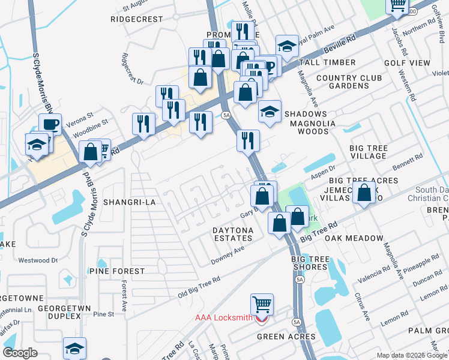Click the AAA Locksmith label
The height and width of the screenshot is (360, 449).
point(223,317)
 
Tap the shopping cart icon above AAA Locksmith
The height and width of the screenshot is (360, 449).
point(262,304)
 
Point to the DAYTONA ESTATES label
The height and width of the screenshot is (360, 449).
point(233,234)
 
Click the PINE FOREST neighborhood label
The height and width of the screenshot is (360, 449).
point(117,271)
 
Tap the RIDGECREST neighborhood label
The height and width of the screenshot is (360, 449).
point(137,19)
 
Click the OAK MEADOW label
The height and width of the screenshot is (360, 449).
point(354,238)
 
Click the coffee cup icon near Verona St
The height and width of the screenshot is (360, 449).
point(50,124)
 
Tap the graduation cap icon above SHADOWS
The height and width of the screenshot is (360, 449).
point(270,111)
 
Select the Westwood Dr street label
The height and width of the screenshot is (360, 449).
point(38,260)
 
